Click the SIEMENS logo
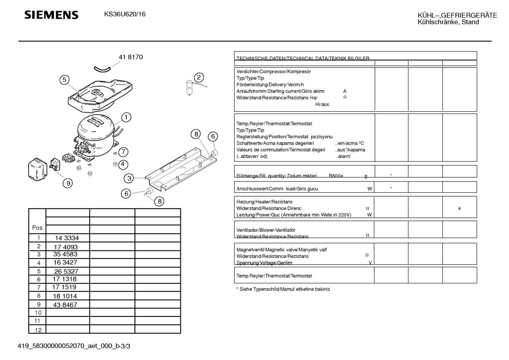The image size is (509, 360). tap(52, 15)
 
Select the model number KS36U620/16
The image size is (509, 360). tap(125, 14)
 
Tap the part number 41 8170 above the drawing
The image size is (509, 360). tap(131, 57)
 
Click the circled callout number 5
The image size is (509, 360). tap(64, 80)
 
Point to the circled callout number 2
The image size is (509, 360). tap(199, 77)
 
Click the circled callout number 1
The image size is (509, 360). tap(126, 117)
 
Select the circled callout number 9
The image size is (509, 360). tap(67, 183)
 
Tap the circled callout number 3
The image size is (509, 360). tap(129, 178)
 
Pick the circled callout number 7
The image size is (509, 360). tap(123, 152)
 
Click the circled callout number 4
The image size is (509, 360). tap(122, 164)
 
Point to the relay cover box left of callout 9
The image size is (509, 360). tap(37, 170)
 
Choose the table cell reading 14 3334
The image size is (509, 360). tap(67, 238)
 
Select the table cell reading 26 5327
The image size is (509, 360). tap(66, 271)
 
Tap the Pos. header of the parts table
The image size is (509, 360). tap(38, 228)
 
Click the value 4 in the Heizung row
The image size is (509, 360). tap(459, 208)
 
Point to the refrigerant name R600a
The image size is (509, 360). tap(336, 176)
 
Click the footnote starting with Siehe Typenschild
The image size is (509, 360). tap(283, 289)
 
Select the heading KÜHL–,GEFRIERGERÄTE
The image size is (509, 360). tap(457, 15)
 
